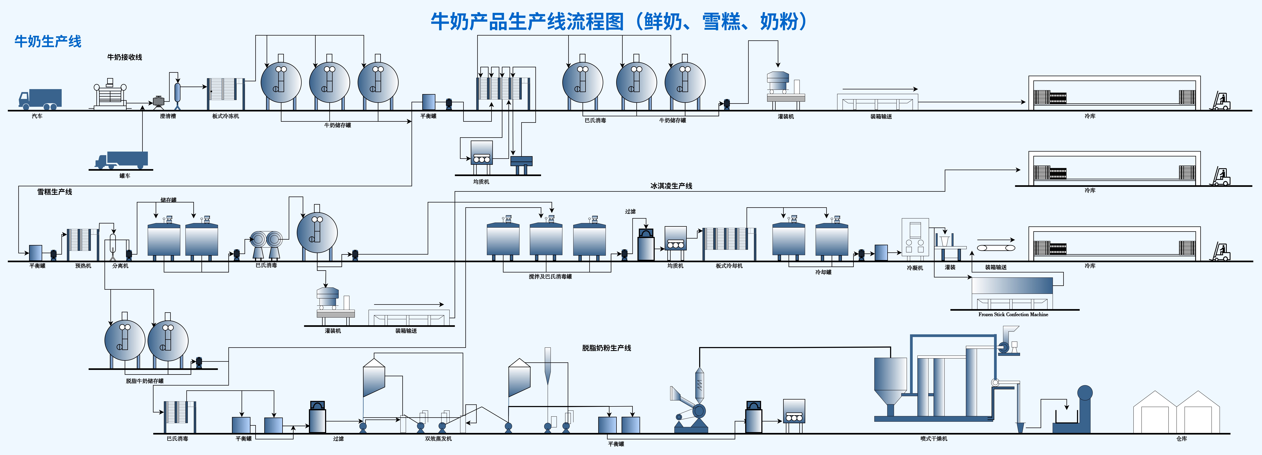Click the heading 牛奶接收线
point(124,57)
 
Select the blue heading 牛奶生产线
point(48,42)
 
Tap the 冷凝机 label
point(915,268)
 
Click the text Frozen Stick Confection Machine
point(1013,314)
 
